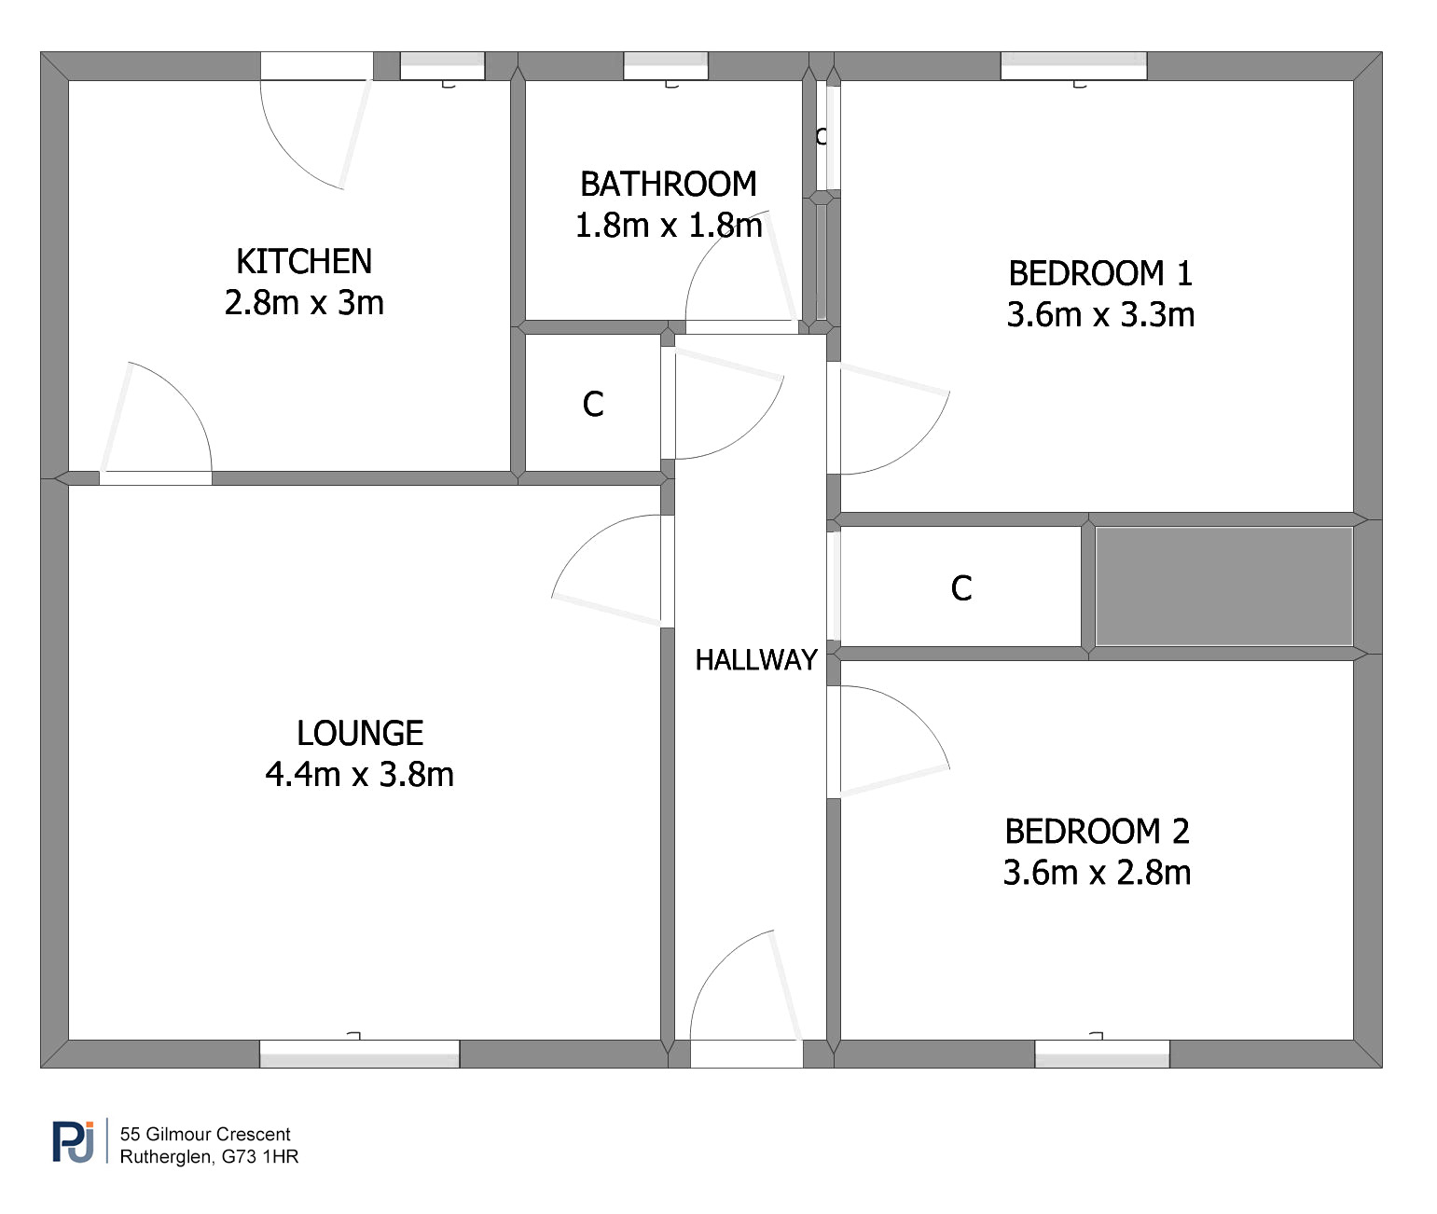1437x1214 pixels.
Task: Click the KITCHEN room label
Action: [x=304, y=261]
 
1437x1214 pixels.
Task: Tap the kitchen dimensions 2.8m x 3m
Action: [x=304, y=303]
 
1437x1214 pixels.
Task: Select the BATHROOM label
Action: [x=669, y=185]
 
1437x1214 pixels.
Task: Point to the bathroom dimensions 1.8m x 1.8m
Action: [x=669, y=226]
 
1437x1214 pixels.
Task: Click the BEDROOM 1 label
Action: [x=1100, y=273]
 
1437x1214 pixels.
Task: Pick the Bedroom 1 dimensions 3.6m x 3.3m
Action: [x=1100, y=314]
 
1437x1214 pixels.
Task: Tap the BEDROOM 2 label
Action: [x=1097, y=832]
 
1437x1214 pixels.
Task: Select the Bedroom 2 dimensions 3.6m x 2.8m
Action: [x=1097, y=873]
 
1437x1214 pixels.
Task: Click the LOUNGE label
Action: [x=360, y=733]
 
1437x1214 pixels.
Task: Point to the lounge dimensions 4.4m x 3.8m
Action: [x=360, y=774]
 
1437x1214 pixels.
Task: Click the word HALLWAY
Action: [x=756, y=660]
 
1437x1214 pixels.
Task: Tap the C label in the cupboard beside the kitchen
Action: [x=593, y=404]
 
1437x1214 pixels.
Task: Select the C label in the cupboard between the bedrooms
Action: [x=961, y=588]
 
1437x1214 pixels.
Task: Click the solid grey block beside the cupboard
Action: [x=1224, y=586]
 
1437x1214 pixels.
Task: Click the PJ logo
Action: [x=74, y=1142]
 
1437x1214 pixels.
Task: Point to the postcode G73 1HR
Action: [x=260, y=1157]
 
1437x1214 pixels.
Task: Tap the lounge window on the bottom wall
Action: [x=359, y=1054]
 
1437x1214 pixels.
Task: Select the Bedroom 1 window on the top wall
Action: [x=1073, y=66]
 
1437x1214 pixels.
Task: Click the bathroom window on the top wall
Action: [x=666, y=66]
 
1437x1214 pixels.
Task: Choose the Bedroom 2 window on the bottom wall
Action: [x=1102, y=1054]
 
